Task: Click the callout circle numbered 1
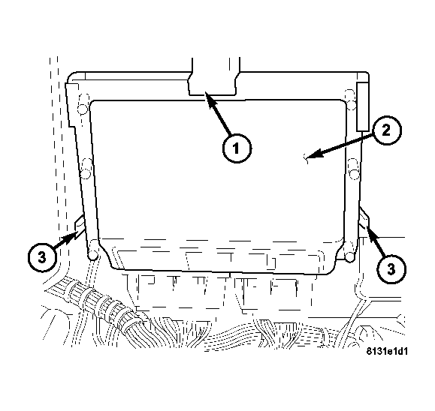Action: click(237, 148)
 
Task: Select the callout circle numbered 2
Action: click(386, 130)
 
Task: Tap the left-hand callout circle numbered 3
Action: click(42, 258)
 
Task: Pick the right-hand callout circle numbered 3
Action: click(391, 268)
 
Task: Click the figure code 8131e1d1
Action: click(387, 352)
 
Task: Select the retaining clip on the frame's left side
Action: click(80, 226)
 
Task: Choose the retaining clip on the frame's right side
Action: click(364, 219)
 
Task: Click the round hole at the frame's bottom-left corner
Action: click(93, 255)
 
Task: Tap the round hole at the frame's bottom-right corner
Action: click(350, 256)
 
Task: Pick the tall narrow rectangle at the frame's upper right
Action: click(363, 106)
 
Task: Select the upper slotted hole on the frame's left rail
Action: click(83, 104)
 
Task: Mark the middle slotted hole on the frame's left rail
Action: click(86, 169)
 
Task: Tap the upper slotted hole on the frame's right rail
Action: click(351, 100)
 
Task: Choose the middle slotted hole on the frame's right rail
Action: click(354, 169)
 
